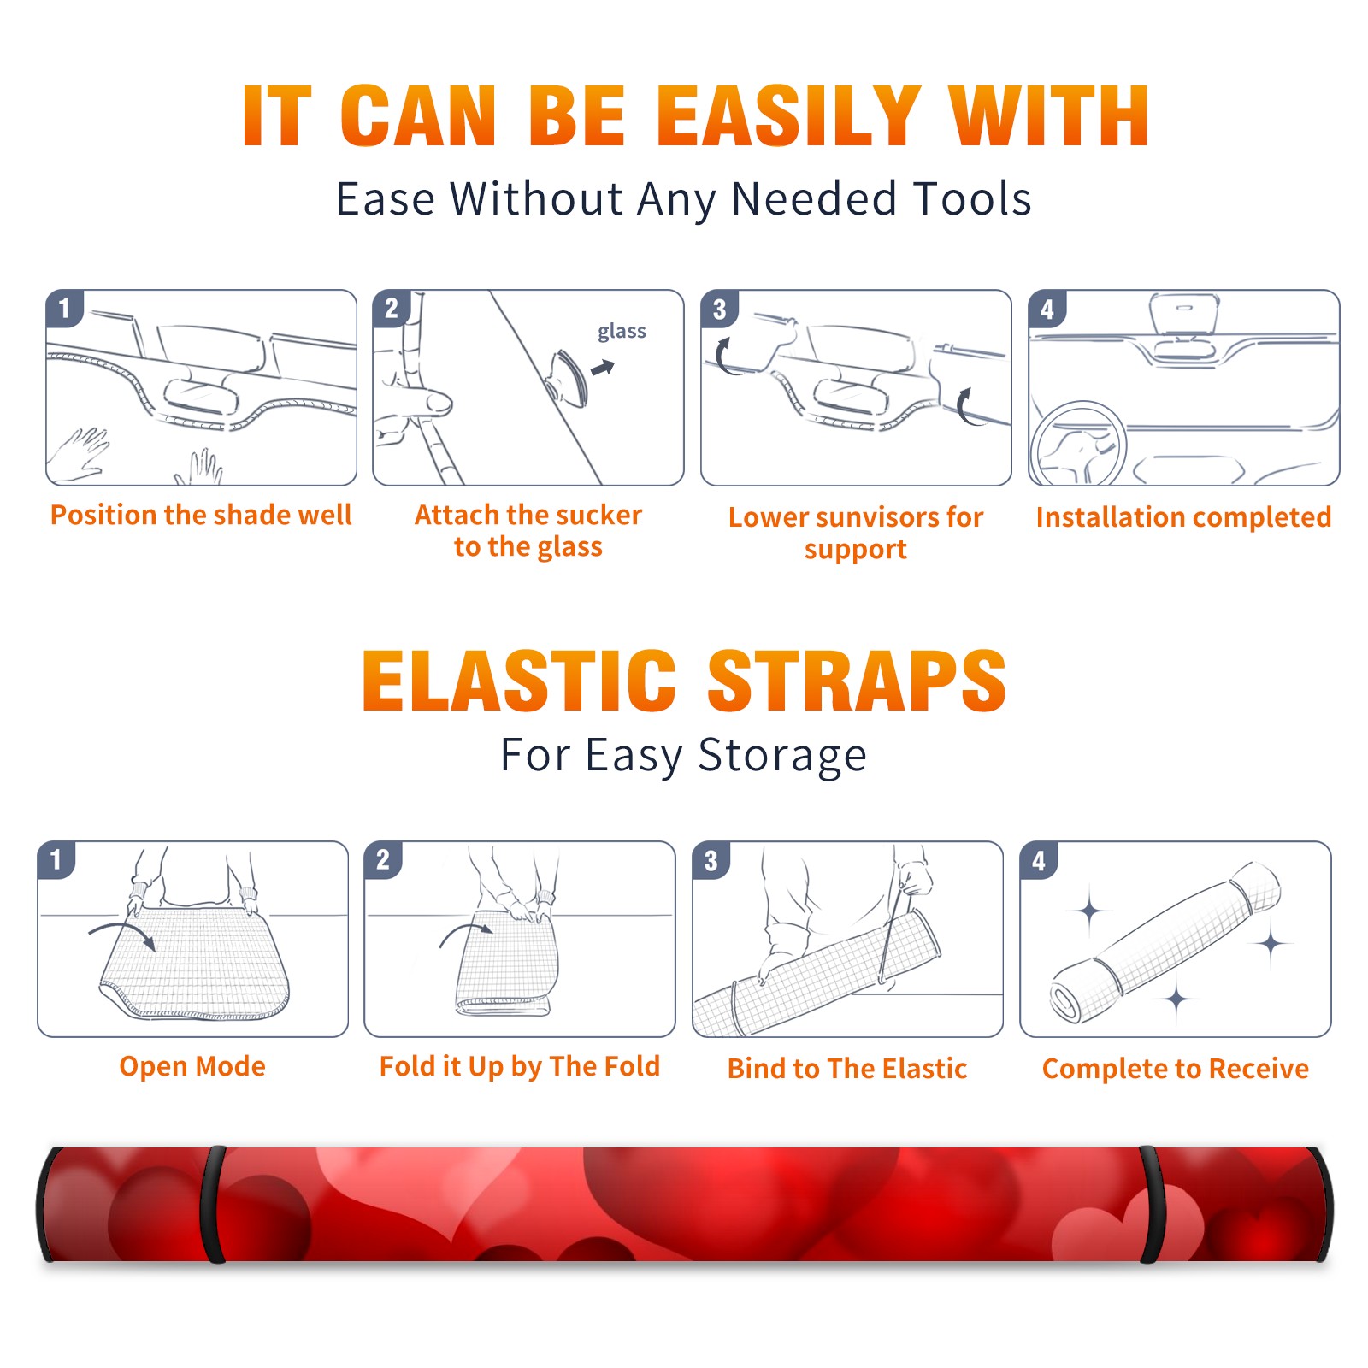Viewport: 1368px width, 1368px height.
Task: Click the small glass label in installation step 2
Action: point(622,332)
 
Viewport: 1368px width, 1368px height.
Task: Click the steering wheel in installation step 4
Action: point(1078,445)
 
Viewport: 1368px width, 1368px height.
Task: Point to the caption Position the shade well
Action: point(201,515)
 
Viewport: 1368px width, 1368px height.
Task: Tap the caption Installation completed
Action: point(1183,516)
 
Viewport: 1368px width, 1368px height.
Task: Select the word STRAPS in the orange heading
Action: point(857,681)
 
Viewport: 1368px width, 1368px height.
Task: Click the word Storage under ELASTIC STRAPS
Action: point(782,756)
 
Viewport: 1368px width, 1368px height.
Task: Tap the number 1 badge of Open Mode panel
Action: point(56,859)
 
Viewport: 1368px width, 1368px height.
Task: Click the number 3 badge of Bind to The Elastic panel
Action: point(711,860)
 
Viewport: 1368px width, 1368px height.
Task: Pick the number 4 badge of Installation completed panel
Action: point(1047,309)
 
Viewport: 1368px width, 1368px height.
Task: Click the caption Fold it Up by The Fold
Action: point(520,1066)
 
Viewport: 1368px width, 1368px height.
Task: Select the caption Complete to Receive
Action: point(1176,1069)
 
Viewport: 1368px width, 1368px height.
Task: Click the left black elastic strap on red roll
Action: point(213,1204)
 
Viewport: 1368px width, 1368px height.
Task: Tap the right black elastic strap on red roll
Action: point(1152,1205)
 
